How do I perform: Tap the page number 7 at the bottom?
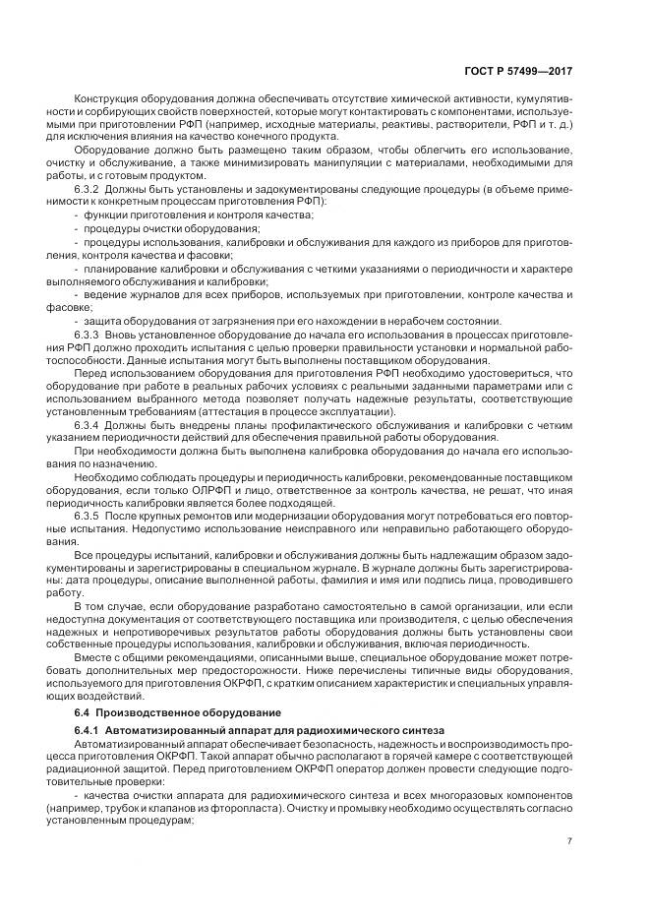point(569,839)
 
